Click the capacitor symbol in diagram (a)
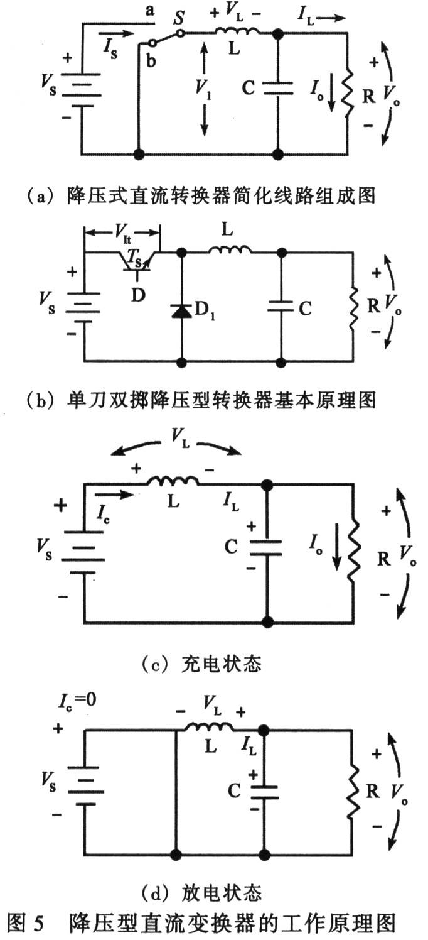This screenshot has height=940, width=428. pyautogui.click(x=277, y=88)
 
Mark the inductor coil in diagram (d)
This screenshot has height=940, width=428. pyautogui.click(x=206, y=729)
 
